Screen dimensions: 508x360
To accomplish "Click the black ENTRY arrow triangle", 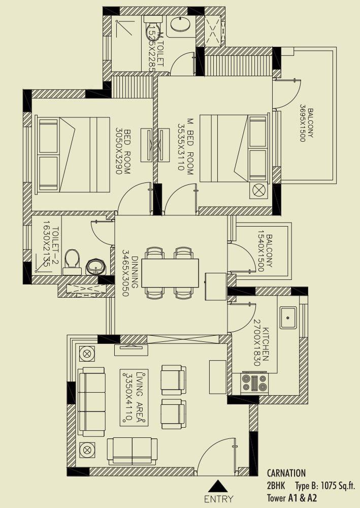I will [218, 486].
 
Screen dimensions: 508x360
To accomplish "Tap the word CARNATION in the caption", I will [286, 473].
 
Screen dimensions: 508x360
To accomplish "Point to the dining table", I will [170, 273].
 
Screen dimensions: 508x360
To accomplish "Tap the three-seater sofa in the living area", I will [91, 402].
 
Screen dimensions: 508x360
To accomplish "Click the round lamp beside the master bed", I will [259, 190].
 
